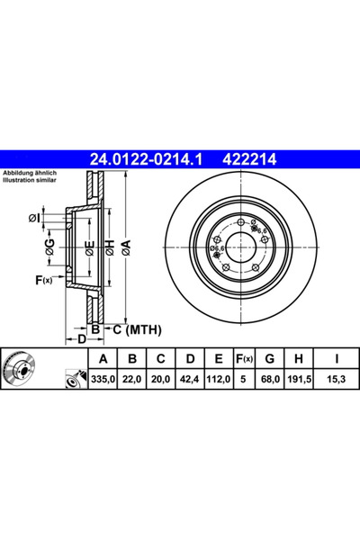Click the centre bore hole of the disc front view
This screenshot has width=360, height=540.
239,244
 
